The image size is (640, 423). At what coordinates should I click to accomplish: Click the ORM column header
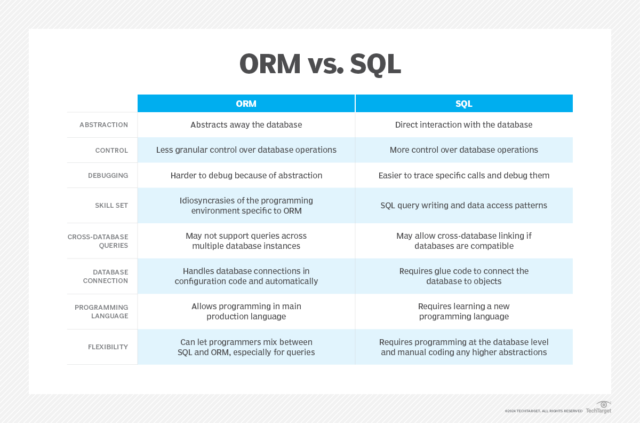pos(246,103)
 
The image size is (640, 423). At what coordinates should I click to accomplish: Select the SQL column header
pos(463,103)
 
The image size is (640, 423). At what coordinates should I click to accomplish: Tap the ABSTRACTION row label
pos(103,125)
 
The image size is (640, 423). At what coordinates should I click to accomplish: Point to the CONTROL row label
pos(111,150)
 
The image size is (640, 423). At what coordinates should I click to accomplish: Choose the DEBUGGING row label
pos(108,175)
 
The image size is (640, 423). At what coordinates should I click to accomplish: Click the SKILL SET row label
pos(111,205)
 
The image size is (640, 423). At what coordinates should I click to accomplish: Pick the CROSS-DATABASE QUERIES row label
pos(98,241)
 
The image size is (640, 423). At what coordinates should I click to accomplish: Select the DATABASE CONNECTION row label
pos(106,276)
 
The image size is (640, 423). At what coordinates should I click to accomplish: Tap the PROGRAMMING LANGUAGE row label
pos(101,311)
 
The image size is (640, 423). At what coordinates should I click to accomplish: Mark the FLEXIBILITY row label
pos(108,347)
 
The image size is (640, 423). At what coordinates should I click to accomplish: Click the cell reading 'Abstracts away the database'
pos(246,125)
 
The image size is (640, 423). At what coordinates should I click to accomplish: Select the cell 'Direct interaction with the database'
pos(463,125)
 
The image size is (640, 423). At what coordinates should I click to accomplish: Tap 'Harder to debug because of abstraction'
pos(246,175)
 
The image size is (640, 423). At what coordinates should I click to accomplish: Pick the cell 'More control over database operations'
pos(463,150)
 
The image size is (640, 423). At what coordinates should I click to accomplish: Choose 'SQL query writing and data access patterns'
pos(463,205)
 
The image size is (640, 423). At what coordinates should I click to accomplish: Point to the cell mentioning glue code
pos(463,276)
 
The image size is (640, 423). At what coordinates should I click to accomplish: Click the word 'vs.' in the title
pos(325,64)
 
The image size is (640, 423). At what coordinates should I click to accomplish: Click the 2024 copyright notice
pos(543,411)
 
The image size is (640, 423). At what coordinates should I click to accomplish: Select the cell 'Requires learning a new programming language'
pos(463,311)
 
